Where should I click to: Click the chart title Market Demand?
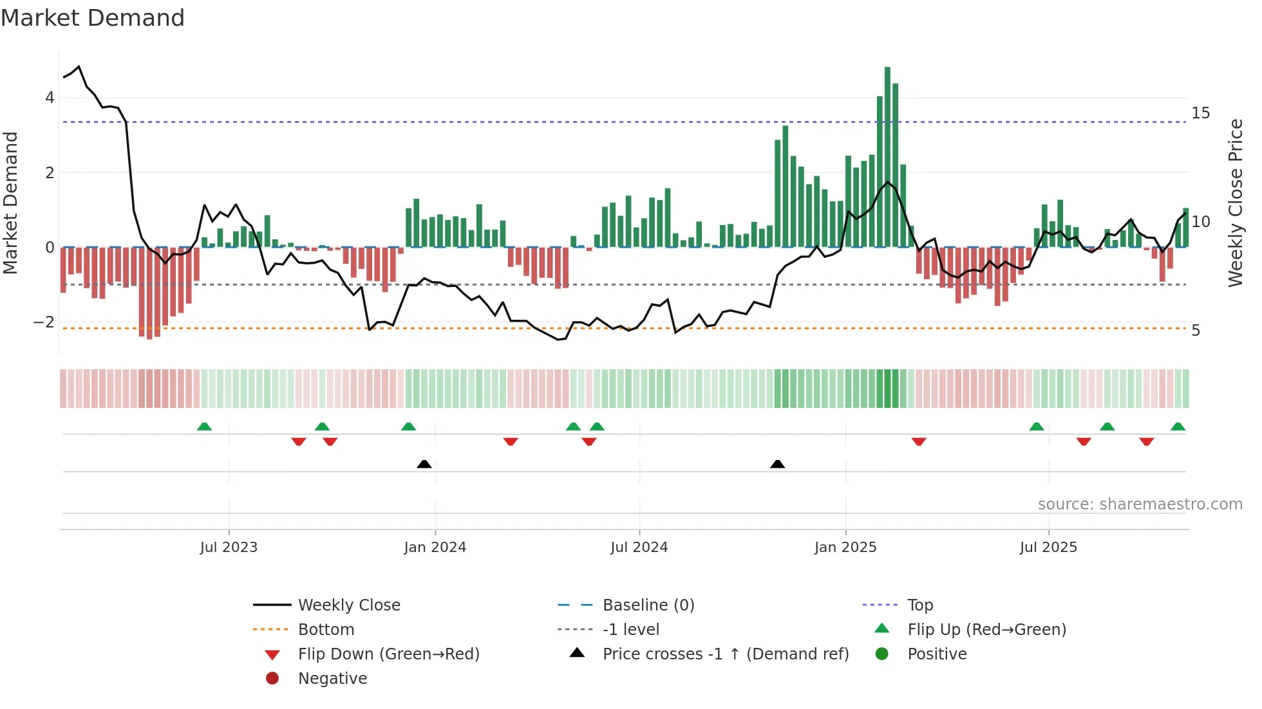pyautogui.click(x=93, y=18)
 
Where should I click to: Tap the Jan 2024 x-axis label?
pyautogui.click(x=435, y=548)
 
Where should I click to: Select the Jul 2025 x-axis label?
pyautogui.click(x=1048, y=548)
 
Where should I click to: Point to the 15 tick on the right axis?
pyautogui.click(x=1200, y=113)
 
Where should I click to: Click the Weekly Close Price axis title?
pyautogui.click(x=1235, y=203)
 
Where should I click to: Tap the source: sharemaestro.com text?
pyautogui.click(x=1140, y=504)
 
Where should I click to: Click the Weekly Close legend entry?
pyautogui.click(x=348, y=605)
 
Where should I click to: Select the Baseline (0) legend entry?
pyautogui.click(x=648, y=605)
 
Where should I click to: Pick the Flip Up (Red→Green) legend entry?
pyautogui.click(x=986, y=630)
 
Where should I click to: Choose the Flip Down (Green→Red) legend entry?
pyautogui.click(x=388, y=654)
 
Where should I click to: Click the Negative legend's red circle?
pyautogui.click(x=272, y=679)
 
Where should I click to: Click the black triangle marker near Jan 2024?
pyautogui.click(x=424, y=464)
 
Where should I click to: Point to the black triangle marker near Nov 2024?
pyautogui.click(x=777, y=464)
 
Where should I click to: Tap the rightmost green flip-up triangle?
pyautogui.click(x=1178, y=427)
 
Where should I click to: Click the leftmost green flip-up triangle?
pyautogui.click(x=204, y=427)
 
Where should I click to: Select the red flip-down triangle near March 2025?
pyautogui.click(x=919, y=441)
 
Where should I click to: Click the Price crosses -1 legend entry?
pyautogui.click(x=725, y=654)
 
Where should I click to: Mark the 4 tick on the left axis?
pyautogui.click(x=50, y=98)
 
